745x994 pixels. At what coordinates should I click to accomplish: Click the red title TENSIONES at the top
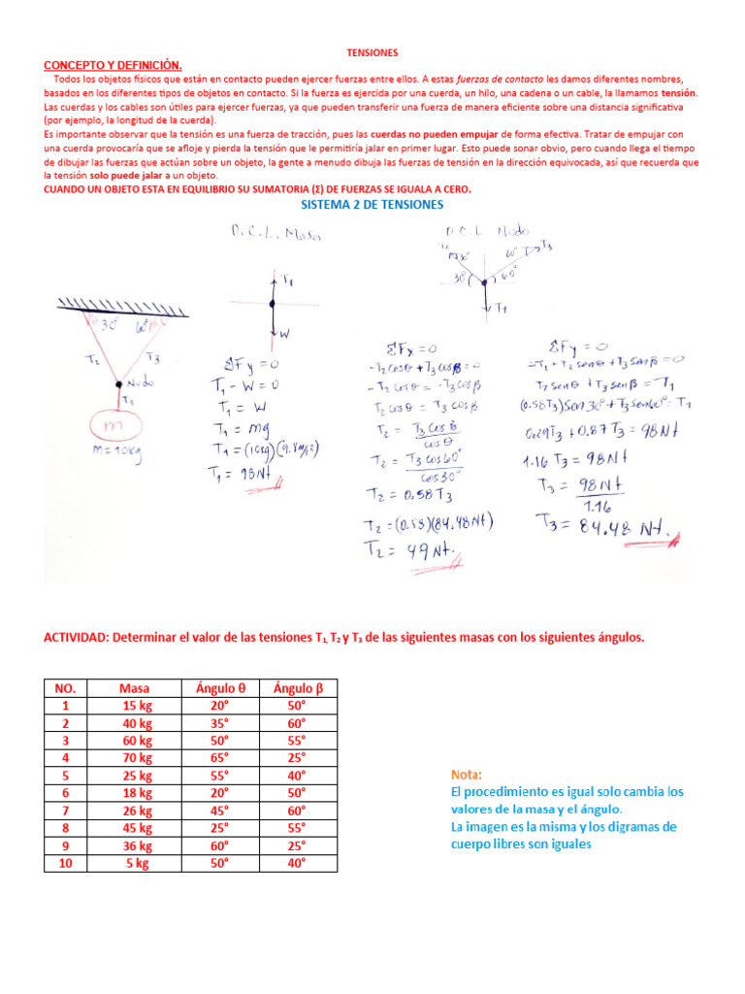click(372, 51)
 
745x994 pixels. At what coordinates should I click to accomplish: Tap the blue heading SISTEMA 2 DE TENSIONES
click(372, 205)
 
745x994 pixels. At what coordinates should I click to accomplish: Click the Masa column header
click(134, 688)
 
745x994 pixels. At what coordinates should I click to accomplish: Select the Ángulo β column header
click(298, 688)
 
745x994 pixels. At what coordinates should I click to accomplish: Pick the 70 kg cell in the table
click(134, 758)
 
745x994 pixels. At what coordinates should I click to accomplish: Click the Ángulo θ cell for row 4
click(220, 758)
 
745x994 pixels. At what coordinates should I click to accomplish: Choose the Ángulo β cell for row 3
click(298, 741)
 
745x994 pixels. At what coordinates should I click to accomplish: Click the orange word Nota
click(467, 775)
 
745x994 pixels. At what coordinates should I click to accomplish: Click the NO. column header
click(65, 688)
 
